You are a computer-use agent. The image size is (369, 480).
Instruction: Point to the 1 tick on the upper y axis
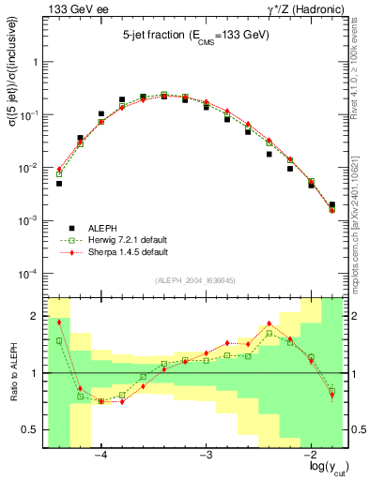pyautogui.click(x=37, y=62)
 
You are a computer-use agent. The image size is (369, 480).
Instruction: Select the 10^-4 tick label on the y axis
pyautogui.click(x=31, y=274)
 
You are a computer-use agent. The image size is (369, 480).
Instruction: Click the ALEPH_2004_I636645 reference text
pyautogui.click(x=195, y=281)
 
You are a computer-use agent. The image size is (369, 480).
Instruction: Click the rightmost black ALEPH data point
pyautogui.click(x=332, y=204)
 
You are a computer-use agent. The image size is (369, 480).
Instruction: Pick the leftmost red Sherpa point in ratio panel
pyautogui.click(x=59, y=322)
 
